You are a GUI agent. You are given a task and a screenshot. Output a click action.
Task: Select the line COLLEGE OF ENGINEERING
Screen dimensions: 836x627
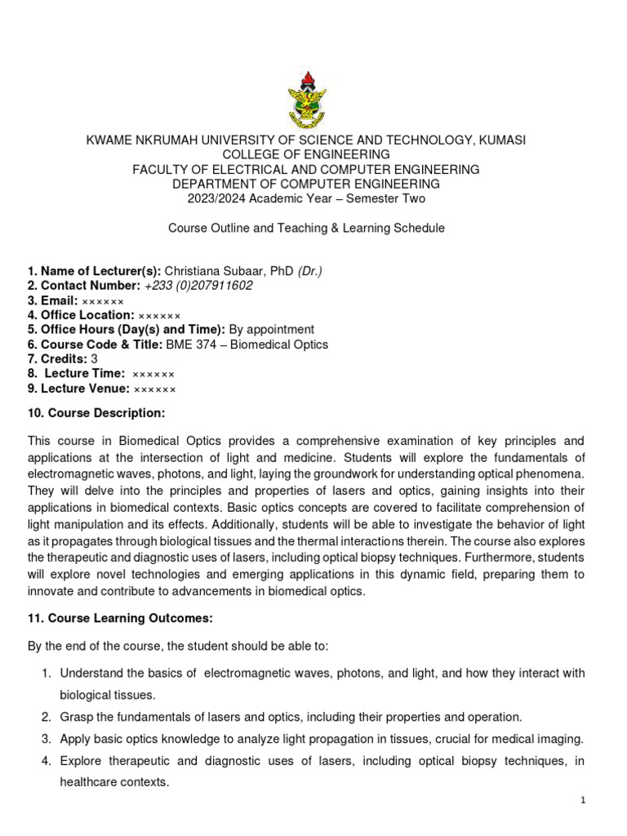point(306,155)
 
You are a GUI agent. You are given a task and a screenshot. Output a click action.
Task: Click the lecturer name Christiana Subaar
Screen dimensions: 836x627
point(211,271)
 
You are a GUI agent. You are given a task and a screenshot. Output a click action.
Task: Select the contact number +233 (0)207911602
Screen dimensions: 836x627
point(198,286)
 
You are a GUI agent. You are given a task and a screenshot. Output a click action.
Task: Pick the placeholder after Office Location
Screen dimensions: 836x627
point(159,315)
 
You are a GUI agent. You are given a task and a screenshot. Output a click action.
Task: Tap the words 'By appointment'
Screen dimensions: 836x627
point(271,330)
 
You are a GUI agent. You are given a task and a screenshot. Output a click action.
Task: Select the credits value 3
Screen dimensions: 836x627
point(94,359)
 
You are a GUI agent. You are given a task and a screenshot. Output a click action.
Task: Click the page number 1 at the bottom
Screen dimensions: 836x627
point(584,801)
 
